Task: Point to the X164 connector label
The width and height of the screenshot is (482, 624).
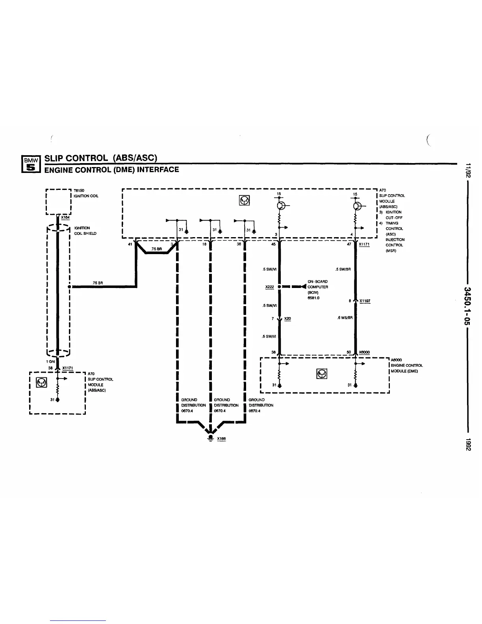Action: point(65,217)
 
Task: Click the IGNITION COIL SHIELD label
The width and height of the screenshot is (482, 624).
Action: point(85,231)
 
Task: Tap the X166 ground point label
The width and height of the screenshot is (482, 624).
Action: point(221,438)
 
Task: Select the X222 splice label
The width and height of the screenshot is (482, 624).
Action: point(269,287)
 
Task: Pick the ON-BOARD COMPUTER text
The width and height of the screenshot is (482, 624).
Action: point(317,284)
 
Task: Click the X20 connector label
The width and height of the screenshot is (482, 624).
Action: point(287,318)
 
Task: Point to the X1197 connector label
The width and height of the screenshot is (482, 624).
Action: point(365,301)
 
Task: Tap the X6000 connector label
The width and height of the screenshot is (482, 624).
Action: point(364,352)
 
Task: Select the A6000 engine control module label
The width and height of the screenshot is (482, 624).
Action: point(406,365)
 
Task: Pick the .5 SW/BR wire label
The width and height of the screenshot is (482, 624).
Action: point(343,269)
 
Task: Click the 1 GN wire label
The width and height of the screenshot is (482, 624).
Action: point(50,361)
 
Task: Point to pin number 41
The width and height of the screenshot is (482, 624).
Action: point(130,244)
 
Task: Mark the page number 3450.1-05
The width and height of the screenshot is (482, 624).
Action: point(467,306)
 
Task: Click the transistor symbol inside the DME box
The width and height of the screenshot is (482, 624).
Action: point(322,374)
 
